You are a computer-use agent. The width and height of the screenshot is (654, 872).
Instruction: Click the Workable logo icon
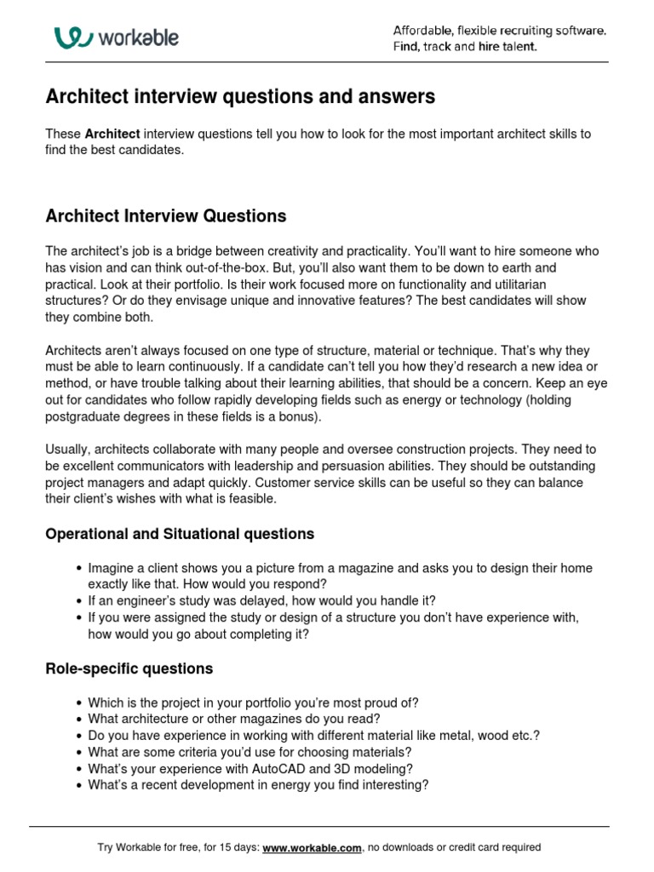(72, 37)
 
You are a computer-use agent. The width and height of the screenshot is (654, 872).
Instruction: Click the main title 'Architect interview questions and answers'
(239, 97)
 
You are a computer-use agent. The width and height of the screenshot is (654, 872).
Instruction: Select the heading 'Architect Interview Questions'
(165, 216)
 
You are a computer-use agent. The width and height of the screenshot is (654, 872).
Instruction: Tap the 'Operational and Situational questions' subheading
(179, 534)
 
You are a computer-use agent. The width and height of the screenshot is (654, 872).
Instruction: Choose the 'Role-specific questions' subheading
(129, 668)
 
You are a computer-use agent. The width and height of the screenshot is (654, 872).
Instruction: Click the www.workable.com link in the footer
(313, 847)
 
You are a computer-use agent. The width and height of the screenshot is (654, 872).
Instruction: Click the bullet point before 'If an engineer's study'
(79, 600)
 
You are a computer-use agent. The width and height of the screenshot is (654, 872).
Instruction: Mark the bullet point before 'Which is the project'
(79, 703)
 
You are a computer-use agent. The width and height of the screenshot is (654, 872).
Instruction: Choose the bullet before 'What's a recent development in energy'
(79, 785)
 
